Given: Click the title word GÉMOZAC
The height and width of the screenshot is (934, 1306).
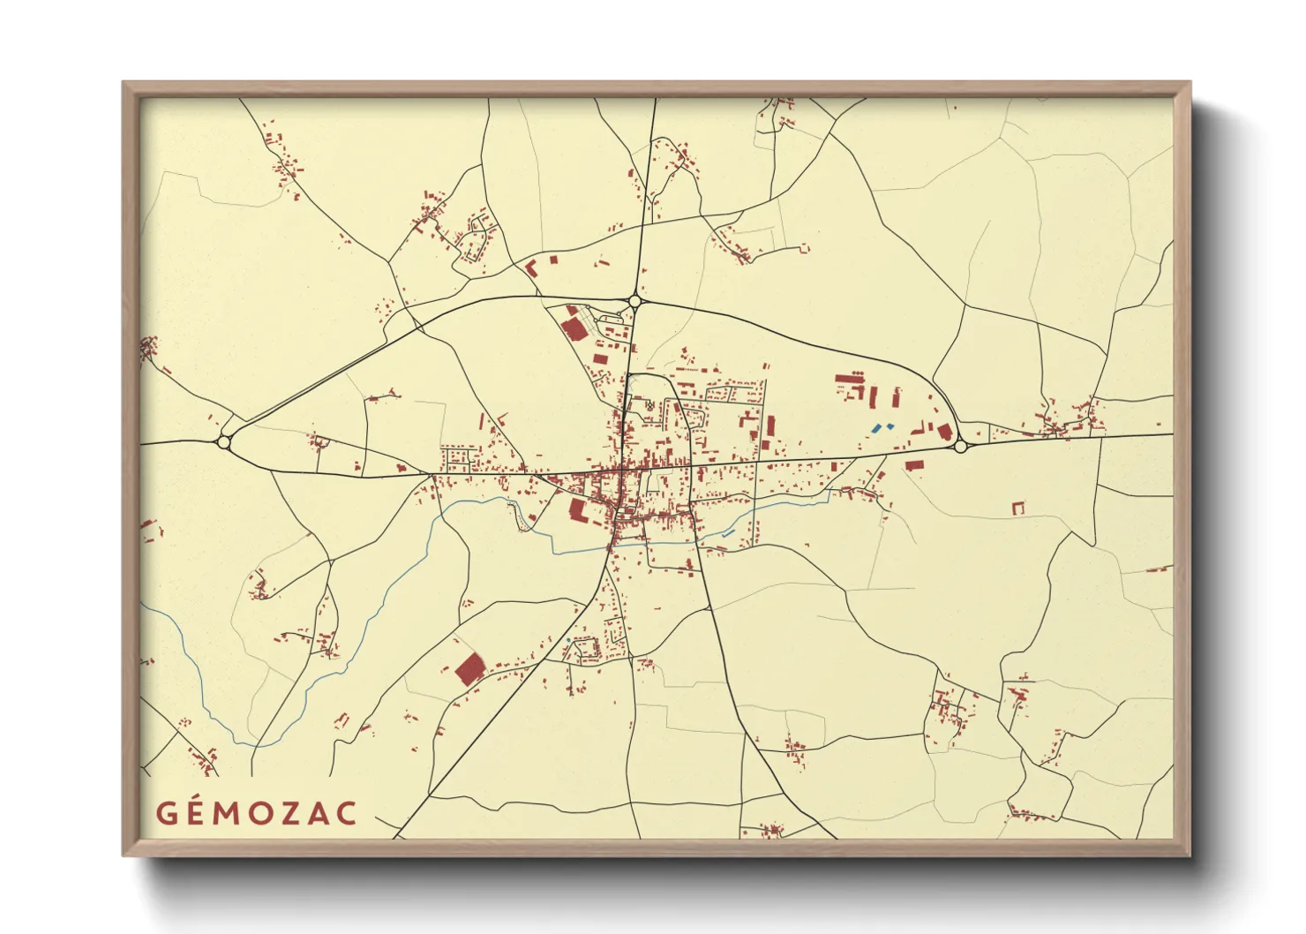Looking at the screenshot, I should tap(257, 813).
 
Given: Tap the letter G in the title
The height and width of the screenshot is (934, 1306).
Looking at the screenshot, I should tap(166, 813).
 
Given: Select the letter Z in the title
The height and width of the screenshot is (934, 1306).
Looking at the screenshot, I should tap(289, 813).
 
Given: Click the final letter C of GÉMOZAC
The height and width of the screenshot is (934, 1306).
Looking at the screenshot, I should tap(348, 813).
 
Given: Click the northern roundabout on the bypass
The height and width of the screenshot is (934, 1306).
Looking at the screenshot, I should tap(634, 301).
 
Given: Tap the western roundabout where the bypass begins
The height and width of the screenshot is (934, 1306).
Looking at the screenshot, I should tap(223, 441).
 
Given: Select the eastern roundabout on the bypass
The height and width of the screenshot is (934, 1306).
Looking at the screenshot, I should tap(960, 447).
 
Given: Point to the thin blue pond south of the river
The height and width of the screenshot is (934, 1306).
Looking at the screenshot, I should tap(727, 534).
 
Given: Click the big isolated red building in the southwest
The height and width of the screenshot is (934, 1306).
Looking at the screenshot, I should tap(470, 669).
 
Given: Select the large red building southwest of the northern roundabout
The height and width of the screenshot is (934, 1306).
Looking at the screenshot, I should tap(573, 329).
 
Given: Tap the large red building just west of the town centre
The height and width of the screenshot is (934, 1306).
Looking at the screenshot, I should tap(578, 509).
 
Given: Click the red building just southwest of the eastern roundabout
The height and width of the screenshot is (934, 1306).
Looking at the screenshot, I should tap(913, 463).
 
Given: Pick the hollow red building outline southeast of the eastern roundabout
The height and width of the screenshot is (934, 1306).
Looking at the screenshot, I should tap(1018, 508).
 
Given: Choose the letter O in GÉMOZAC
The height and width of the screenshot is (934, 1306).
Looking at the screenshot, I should tap(259, 813).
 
